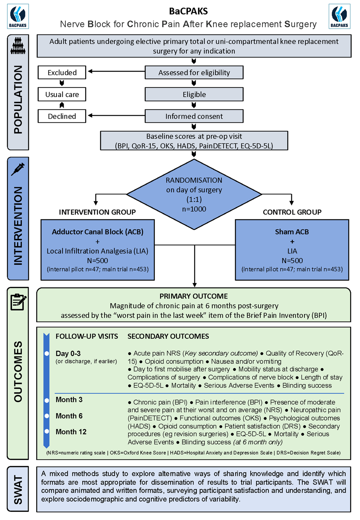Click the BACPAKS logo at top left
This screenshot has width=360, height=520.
coord(18,16)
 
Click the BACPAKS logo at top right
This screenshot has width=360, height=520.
coord(339,16)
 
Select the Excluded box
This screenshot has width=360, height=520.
coord(62,73)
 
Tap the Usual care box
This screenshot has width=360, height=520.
coord(62,94)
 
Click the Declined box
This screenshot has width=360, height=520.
coord(62,116)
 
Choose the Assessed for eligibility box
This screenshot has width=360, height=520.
coord(194,73)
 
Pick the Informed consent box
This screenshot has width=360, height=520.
coord(194,116)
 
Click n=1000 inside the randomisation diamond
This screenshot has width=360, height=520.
coord(194,209)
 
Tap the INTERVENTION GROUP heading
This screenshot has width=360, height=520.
coord(97,212)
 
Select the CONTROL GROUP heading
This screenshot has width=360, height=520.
coord(292,212)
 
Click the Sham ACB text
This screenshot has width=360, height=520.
coord(292,232)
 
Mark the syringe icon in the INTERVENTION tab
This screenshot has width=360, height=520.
coord(18,169)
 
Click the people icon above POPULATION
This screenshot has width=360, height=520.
coord(18,46)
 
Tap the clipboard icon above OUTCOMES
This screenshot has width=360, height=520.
coord(18,302)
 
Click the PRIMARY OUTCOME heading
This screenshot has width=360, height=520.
coord(194,296)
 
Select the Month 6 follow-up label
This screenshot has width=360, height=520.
coord(69,416)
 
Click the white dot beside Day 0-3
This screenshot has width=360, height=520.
coord(47,354)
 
